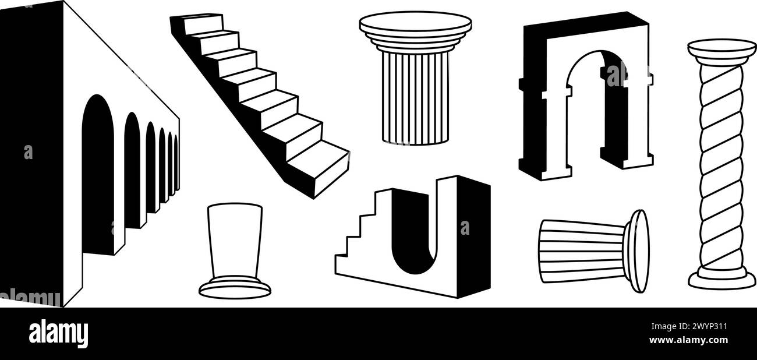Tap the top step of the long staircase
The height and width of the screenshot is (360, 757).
click(x=203, y=24)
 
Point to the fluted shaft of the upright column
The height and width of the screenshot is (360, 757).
click(x=415, y=98)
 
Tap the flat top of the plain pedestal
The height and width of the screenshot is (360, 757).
click(x=235, y=207)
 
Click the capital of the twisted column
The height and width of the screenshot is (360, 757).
click(x=721, y=52)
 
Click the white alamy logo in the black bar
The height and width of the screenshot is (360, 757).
click(x=58, y=334)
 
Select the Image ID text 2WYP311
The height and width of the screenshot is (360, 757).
click(x=689, y=327)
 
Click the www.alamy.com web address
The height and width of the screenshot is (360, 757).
click(x=689, y=340)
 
